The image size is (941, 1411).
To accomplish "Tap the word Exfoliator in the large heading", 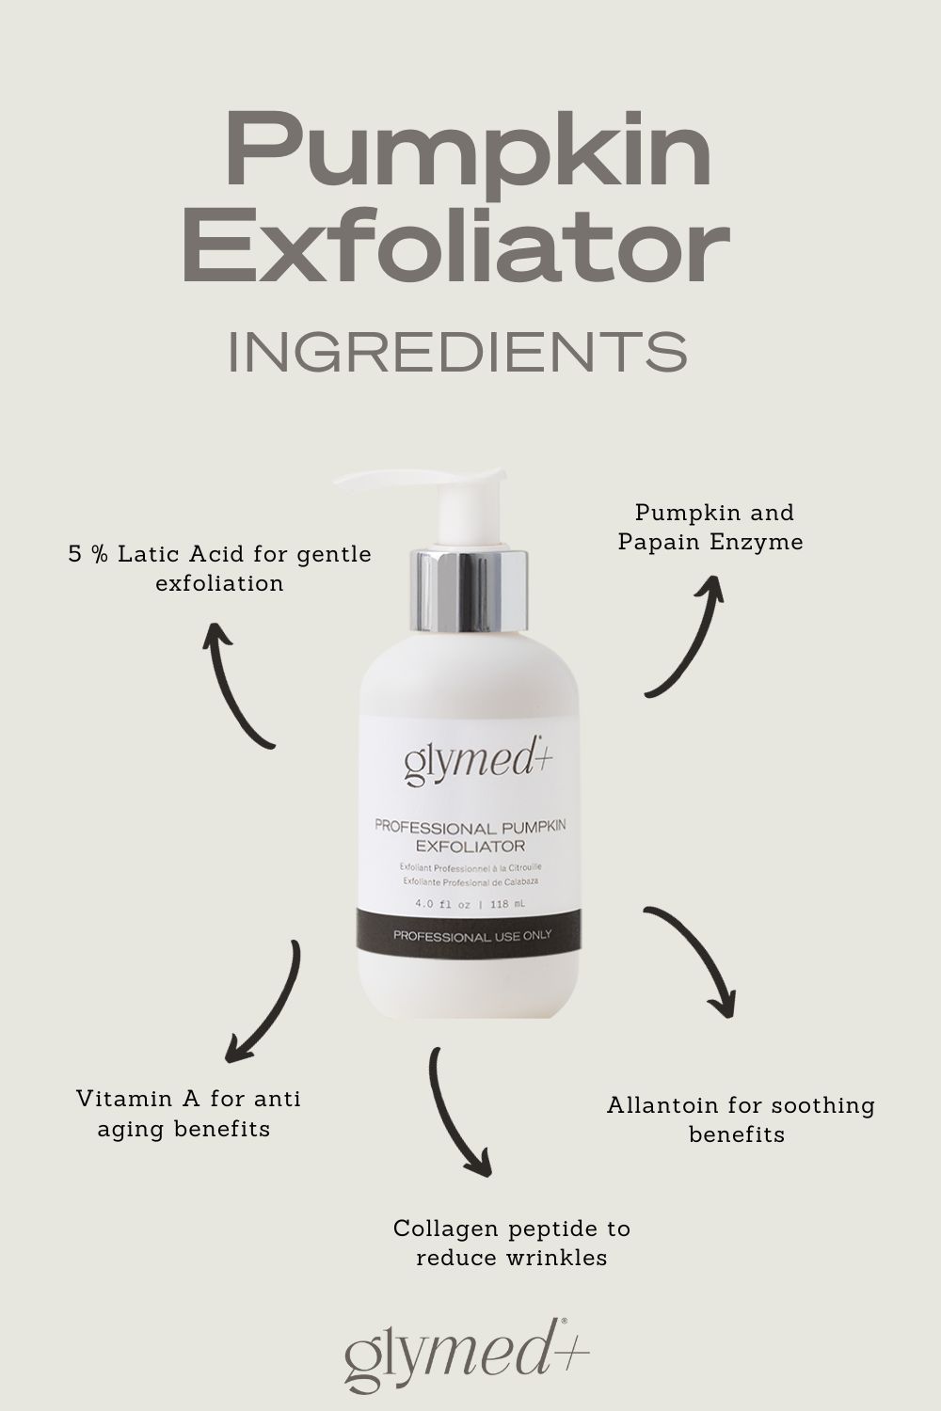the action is pos(456,249).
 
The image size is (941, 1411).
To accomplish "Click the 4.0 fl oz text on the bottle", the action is pos(442,905).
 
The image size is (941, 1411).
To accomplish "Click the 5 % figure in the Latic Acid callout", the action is pos(88,554).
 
